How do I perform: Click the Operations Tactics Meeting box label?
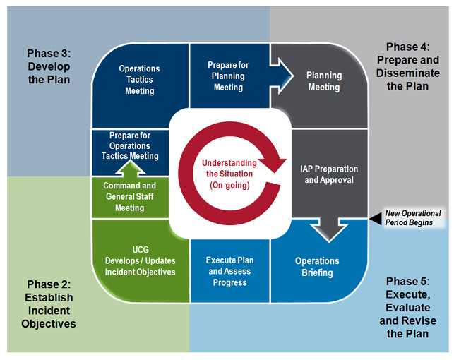click(x=140, y=80)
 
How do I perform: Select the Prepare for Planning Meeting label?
click(x=228, y=76)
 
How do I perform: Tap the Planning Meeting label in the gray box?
click(x=324, y=81)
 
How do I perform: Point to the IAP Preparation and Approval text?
click(x=329, y=174)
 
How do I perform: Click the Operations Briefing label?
click(x=317, y=267)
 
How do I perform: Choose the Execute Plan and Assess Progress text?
click(x=230, y=271)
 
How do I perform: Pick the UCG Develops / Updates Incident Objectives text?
click(x=140, y=260)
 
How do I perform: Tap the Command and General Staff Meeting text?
click(x=130, y=196)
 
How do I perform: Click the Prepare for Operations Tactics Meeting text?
click(x=130, y=145)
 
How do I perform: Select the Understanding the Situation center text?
click(x=229, y=174)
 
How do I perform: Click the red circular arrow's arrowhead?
click(x=274, y=164)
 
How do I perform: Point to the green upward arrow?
click(x=131, y=169)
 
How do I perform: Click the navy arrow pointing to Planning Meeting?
click(x=282, y=76)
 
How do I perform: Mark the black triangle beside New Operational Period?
click(x=376, y=219)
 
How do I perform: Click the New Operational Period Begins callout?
click(x=413, y=218)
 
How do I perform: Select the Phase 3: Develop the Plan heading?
click(x=49, y=66)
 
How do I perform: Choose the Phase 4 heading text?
click(x=407, y=66)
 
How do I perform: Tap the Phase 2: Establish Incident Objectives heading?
click(x=49, y=304)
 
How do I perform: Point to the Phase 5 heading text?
click(x=407, y=307)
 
